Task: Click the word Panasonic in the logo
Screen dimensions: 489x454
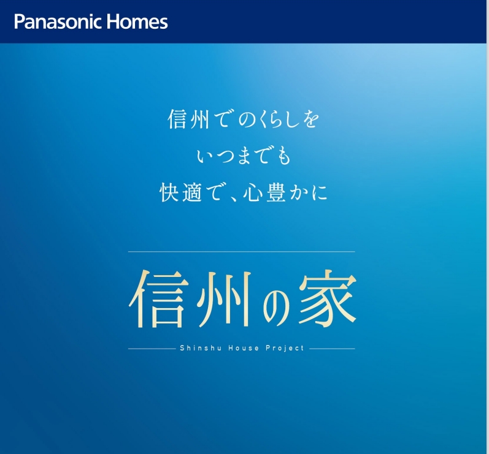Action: click(x=58, y=22)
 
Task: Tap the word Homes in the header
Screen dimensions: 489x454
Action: click(x=137, y=22)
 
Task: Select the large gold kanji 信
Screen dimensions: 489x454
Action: click(x=159, y=298)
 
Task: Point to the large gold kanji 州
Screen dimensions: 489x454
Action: click(x=224, y=299)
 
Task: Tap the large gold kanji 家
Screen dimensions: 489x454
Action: click(x=328, y=298)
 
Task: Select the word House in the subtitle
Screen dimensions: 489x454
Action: click(x=243, y=348)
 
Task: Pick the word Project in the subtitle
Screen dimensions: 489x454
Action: click(x=285, y=348)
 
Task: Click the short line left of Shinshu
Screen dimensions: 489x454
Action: click(x=152, y=349)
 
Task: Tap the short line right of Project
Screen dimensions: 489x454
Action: click(x=332, y=349)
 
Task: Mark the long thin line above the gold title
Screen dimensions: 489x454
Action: click(x=242, y=251)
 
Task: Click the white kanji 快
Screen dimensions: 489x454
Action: click(x=169, y=192)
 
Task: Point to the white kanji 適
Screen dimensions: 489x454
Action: click(x=192, y=192)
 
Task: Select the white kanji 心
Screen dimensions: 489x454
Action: click(x=253, y=193)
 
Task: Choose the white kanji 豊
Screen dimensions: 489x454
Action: click(x=276, y=192)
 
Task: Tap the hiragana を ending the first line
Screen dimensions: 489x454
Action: click(x=310, y=119)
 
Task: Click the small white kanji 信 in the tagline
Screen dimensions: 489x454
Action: click(x=177, y=119)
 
